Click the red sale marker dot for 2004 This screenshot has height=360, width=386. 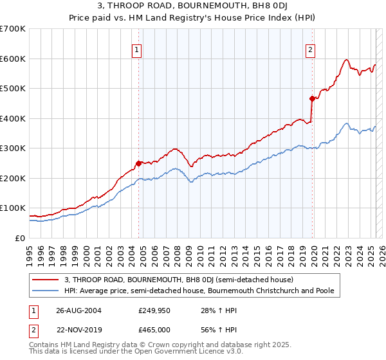[138, 163]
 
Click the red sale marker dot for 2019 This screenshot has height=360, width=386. [312, 99]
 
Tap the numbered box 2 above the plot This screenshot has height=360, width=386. [310, 50]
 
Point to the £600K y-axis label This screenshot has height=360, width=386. [12, 59]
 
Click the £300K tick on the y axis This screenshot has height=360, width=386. [12, 148]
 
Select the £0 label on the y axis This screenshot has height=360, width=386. [19, 238]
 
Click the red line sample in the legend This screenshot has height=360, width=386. [46, 280]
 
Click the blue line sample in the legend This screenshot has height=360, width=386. [46, 291]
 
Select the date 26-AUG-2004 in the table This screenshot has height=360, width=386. [78, 311]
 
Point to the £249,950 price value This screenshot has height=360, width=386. [155, 311]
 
